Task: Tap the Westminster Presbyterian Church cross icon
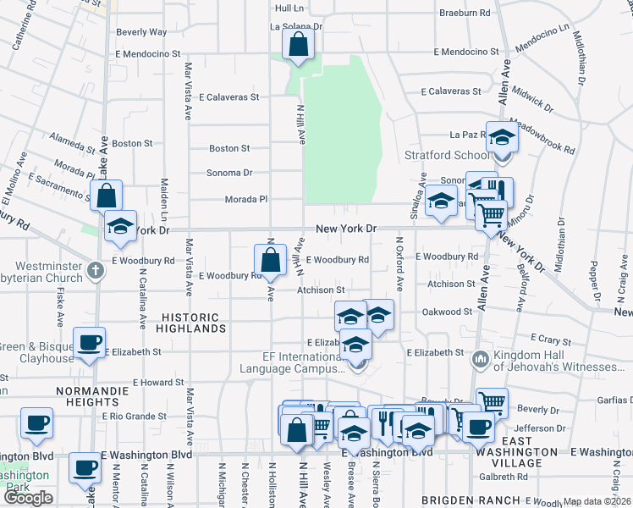(x=96, y=271)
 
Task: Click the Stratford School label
(x=460, y=155)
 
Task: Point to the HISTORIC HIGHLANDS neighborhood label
(x=190, y=322)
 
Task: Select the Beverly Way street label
(x=141, y=32)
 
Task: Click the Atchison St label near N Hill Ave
(x=320, y=290)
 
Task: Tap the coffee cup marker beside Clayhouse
(x=89, y=343)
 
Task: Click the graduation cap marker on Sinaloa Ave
(x=440, y=202)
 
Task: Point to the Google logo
(x=29, y=498)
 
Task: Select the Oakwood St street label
(x=448, y=312)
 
